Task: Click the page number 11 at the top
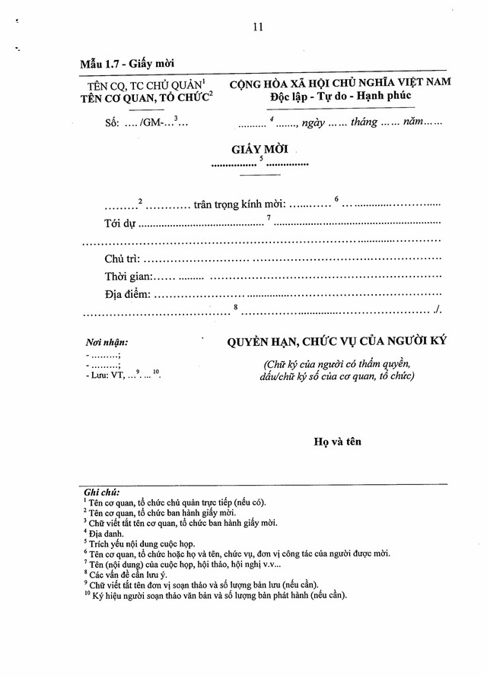point(257,27)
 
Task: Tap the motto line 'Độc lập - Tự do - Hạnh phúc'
point(339,95)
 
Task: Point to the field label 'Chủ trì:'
point(122,259)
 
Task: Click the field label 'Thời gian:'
point(129,277)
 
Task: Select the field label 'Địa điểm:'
point(128,294)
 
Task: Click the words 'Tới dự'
point(119,223)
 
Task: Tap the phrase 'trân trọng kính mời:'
point(239,204)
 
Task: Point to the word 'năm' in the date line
point(413,122)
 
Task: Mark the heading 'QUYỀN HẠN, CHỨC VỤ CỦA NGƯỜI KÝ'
point(336,342)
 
